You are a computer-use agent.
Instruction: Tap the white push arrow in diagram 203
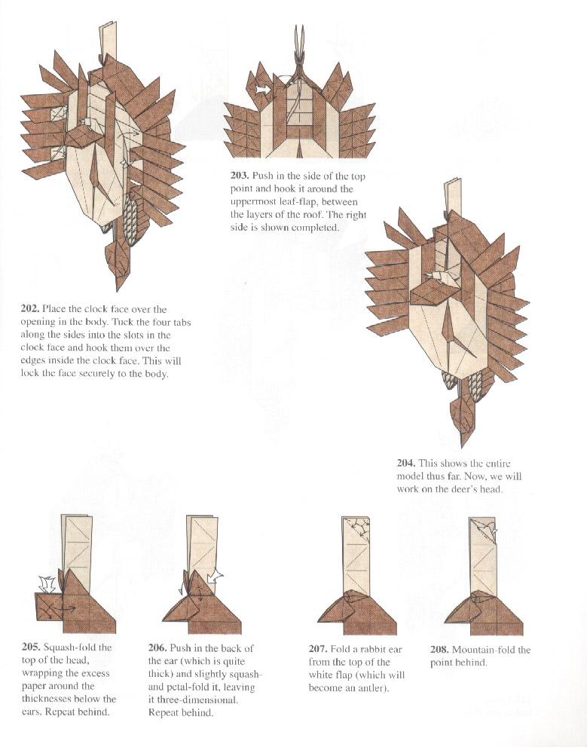[264, 90]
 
